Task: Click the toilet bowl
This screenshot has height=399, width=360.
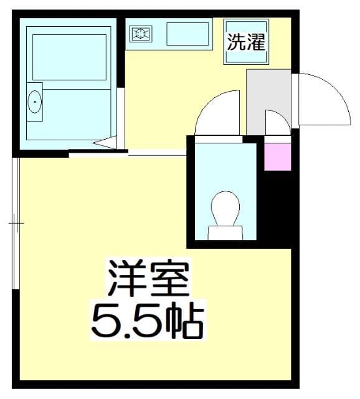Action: tap(225, 208)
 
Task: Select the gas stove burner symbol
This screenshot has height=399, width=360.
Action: tap(140, 34)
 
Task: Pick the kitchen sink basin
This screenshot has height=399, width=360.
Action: tap(187, 34)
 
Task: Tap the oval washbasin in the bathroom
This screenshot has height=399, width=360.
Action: tap(35, 100)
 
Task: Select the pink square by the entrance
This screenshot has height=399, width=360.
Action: tap(278, 156)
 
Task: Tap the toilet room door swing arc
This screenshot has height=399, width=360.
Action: tap(215, 115)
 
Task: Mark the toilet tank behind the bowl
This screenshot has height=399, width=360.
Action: tap(225, 233)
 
